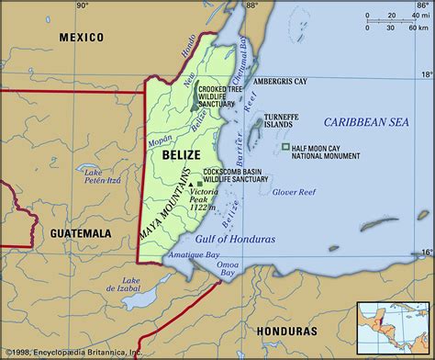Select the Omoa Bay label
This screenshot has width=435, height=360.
click(226, 269)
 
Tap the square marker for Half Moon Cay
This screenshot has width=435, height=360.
click(287, 147)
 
